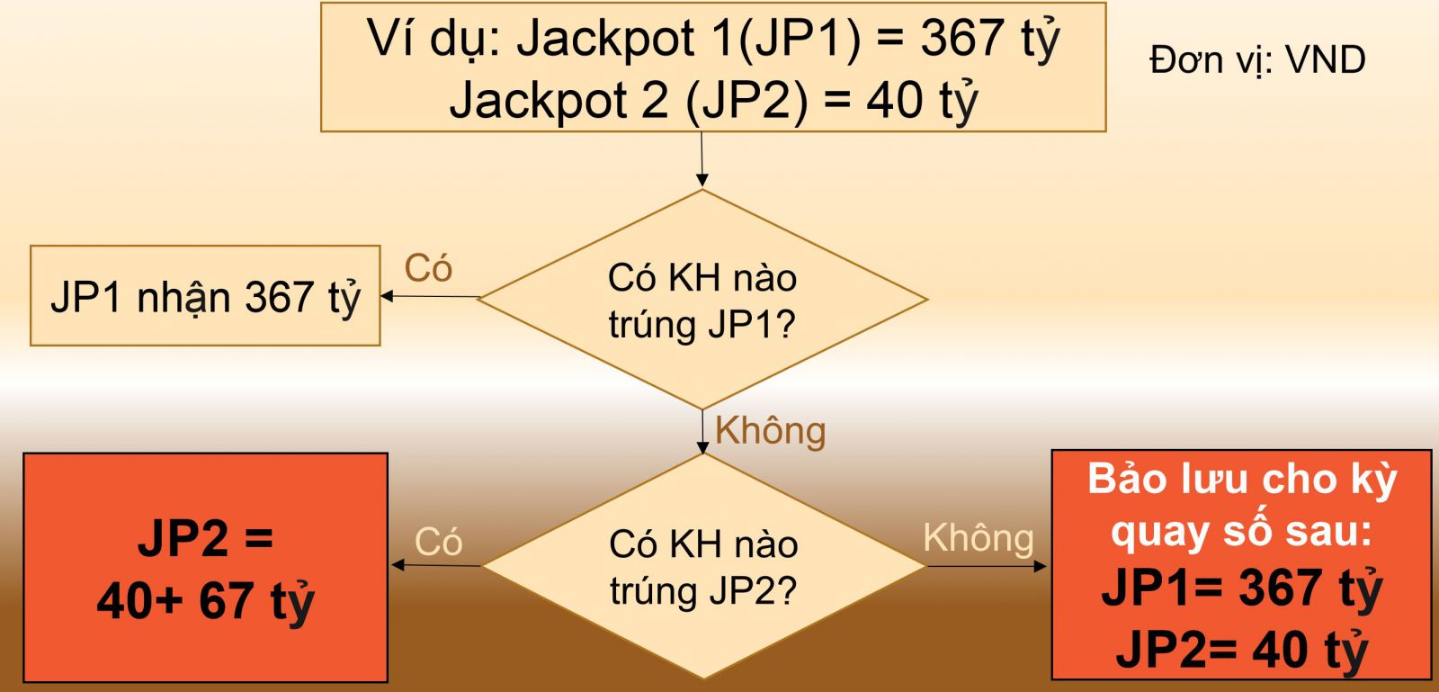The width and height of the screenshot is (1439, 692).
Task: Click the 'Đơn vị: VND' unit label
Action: (1256, 60)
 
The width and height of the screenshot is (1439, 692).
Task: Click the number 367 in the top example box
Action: (961, 39)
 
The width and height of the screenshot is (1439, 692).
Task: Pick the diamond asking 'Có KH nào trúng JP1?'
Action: (702, 300)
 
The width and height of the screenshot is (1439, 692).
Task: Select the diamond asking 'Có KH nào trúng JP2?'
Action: (703, 567)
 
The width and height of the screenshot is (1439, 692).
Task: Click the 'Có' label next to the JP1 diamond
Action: (428, 268)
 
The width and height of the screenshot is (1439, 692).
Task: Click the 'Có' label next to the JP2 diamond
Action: (438, 542)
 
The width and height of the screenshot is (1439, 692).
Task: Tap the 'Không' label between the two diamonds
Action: (770, 431)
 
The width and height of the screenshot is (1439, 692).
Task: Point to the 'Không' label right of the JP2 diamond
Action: (978, 538)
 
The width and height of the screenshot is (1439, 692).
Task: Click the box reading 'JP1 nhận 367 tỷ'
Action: (205, 296)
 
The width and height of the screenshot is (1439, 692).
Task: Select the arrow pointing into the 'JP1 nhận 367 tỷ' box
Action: (430, 296)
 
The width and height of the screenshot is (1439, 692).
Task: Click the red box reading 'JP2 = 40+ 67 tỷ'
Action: (205, 568)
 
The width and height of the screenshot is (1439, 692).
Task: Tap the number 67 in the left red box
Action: (225, 600)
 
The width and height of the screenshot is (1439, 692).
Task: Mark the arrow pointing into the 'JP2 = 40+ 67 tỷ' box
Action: (436, 565)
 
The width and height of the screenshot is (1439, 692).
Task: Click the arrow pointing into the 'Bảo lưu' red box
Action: (987, 566)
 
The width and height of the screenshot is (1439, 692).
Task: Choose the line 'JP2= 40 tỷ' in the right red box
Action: (1241, 648)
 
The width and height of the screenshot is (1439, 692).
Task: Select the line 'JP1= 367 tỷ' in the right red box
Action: (1241, 589)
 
